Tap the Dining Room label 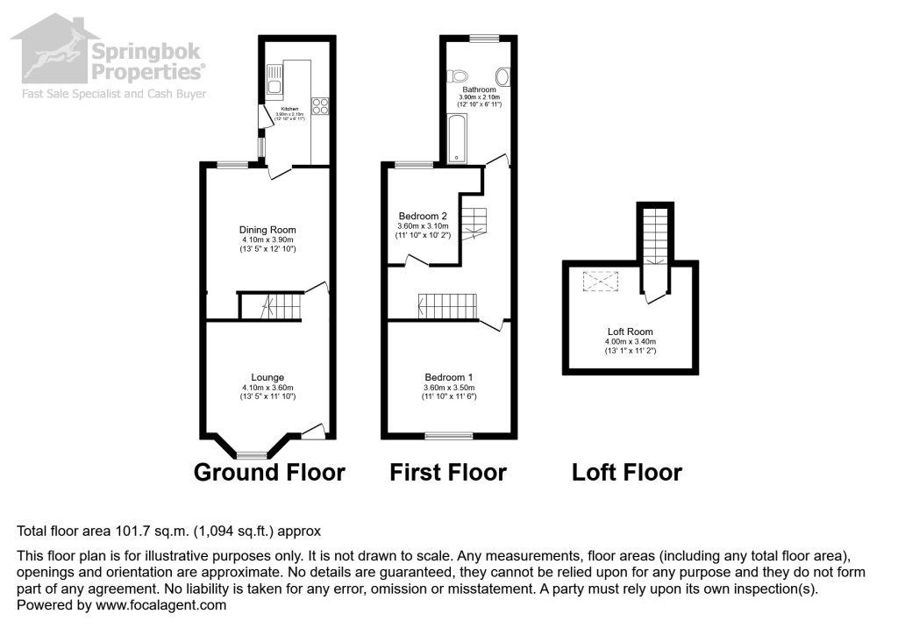(267, 230)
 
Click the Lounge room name (267, 377)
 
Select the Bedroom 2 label (423, 216)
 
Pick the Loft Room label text (630, 332)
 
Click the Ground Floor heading (269, 473)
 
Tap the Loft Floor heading (626, 473)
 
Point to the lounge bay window (253, 454)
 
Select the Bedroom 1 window (448, 435)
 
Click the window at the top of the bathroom (481, 38)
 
